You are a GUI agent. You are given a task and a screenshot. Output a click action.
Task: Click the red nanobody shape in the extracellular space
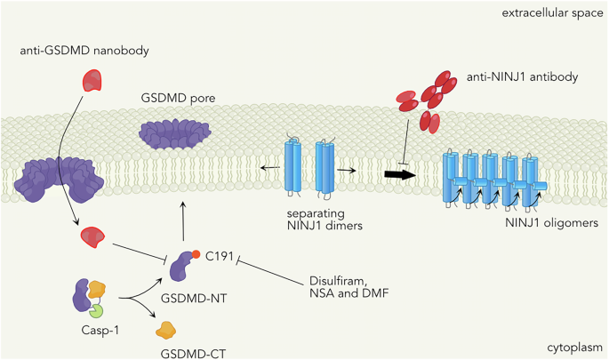pyautogui.click(x=93, y=82)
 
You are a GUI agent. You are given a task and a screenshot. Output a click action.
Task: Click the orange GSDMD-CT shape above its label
pyautogui.click(x=165, y=330)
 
